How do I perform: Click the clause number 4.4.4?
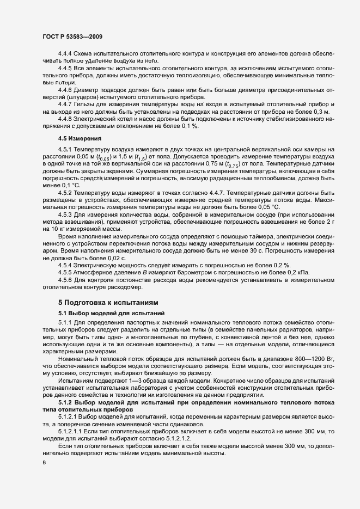[65, 56]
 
